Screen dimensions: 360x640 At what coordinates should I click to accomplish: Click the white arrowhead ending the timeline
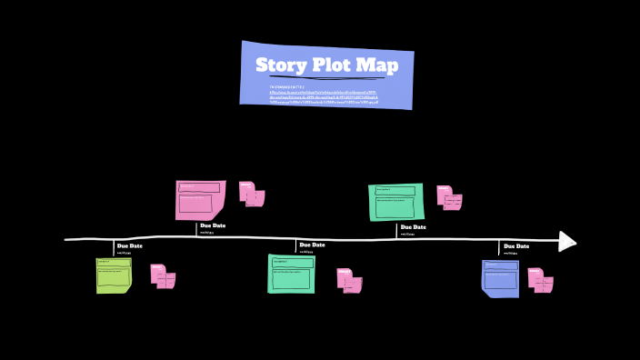click(567, 241)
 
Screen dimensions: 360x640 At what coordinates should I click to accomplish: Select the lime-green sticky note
click(114, 275)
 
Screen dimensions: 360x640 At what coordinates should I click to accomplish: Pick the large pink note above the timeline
click(200, 200)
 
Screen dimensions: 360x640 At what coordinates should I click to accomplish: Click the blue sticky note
click(500, 278)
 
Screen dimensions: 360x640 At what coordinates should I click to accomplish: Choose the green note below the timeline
click(291, 274)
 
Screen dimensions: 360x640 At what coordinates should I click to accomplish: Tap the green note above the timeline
click(396, 202)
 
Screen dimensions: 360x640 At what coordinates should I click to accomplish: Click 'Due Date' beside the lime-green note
click(130, 245)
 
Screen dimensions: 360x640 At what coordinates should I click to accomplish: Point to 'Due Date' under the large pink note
click(213, 225)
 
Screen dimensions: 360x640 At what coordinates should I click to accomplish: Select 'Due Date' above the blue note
click(516, 245)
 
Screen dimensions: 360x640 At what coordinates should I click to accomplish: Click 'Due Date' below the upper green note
click(413, 226)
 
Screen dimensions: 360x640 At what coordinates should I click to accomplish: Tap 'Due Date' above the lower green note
click(312, 245)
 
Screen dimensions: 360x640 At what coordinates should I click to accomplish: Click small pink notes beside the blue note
click(541, 279)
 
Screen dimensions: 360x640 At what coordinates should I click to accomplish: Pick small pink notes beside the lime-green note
click(163, 276)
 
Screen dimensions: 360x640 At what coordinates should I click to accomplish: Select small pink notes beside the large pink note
click(252, 194)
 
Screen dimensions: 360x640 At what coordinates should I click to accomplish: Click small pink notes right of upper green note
click(449, 197)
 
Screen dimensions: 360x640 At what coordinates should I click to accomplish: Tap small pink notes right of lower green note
click(350, 280)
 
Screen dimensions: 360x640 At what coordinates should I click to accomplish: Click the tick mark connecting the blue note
click(499, 249)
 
